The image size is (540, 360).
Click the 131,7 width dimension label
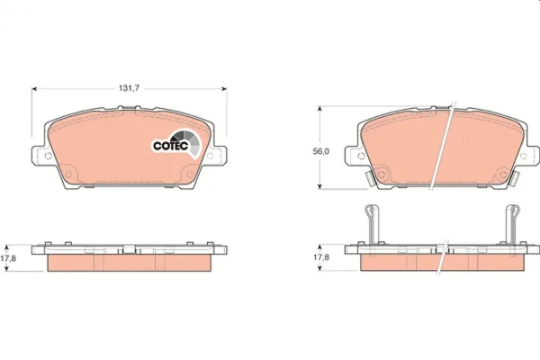129,88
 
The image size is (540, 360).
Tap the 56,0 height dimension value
320,151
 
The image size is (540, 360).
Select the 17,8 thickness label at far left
8,258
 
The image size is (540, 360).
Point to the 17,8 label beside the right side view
320,257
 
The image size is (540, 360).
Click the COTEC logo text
170,146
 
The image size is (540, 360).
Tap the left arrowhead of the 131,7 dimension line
34,89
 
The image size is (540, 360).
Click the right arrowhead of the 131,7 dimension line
224,89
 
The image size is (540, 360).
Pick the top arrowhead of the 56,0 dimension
319,109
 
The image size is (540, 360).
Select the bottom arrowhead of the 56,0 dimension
319,186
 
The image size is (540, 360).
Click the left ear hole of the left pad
49,156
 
